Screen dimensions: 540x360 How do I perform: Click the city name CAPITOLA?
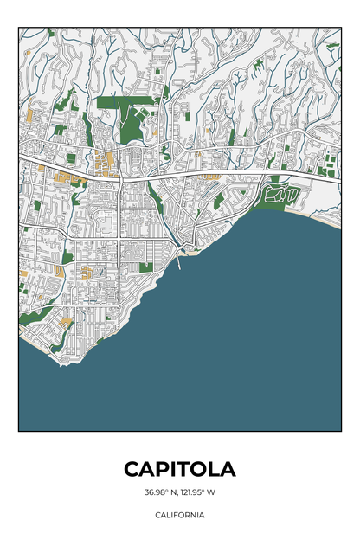pos(179,469)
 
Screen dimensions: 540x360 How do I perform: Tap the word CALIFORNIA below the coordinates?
pos(180,514)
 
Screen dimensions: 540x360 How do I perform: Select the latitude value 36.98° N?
pos(160,493)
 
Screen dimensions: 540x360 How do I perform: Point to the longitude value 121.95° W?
pos(199,493)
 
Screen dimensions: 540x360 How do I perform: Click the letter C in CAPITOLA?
pos(132,469)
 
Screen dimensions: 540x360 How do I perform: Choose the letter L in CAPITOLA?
pos(215,469)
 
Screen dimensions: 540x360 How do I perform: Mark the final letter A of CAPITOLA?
pos(228,469)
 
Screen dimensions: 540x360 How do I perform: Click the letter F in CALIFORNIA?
pos(178,514)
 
